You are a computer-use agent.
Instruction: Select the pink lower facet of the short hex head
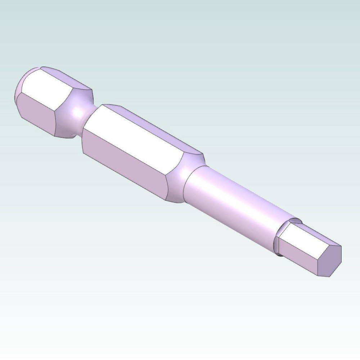(x=36, y=115)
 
